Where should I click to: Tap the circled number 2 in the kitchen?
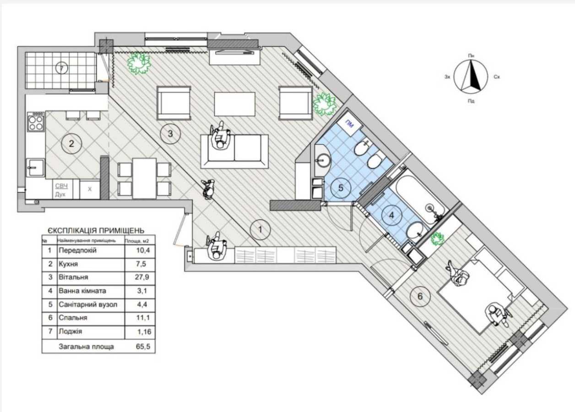coord(71,144)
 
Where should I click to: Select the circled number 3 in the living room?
coord(170,134)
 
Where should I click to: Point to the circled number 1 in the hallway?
coord(260,229)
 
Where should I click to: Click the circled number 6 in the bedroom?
coord(420,297)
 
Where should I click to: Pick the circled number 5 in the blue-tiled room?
coord(340,187)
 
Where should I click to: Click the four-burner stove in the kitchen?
coord(36,122)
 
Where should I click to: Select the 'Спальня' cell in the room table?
coord(72,317)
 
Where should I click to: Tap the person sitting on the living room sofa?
coord(221,136)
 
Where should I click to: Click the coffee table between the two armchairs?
coord(235,104)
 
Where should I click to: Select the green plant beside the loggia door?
coord(139,63)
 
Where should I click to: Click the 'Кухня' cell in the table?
coord(69,264)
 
